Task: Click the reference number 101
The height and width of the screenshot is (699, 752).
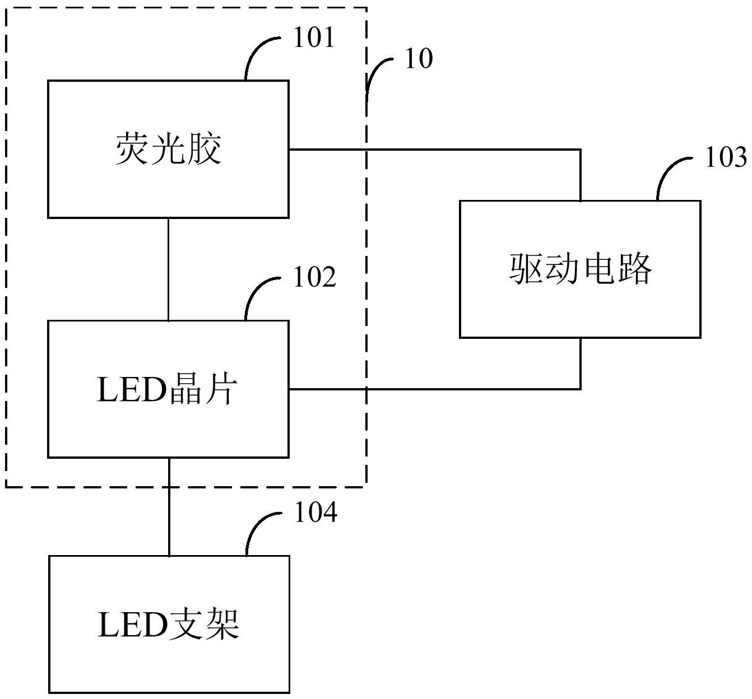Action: (x=314, y=38)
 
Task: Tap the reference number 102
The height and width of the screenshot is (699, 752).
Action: (x=314, y=277)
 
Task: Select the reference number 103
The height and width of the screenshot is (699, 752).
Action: (x=726, y=158)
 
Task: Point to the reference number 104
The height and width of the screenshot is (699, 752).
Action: (x=315, y=512)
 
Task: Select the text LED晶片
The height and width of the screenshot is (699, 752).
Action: (x=168, y=390)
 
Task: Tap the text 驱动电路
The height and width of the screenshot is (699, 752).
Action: (x=581, y=269)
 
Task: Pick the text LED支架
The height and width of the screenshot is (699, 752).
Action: (x=169, y=625)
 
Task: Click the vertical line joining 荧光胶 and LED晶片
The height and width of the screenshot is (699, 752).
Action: (x=169, y=269)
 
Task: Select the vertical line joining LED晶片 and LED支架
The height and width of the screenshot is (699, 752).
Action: (x=169, y=507)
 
